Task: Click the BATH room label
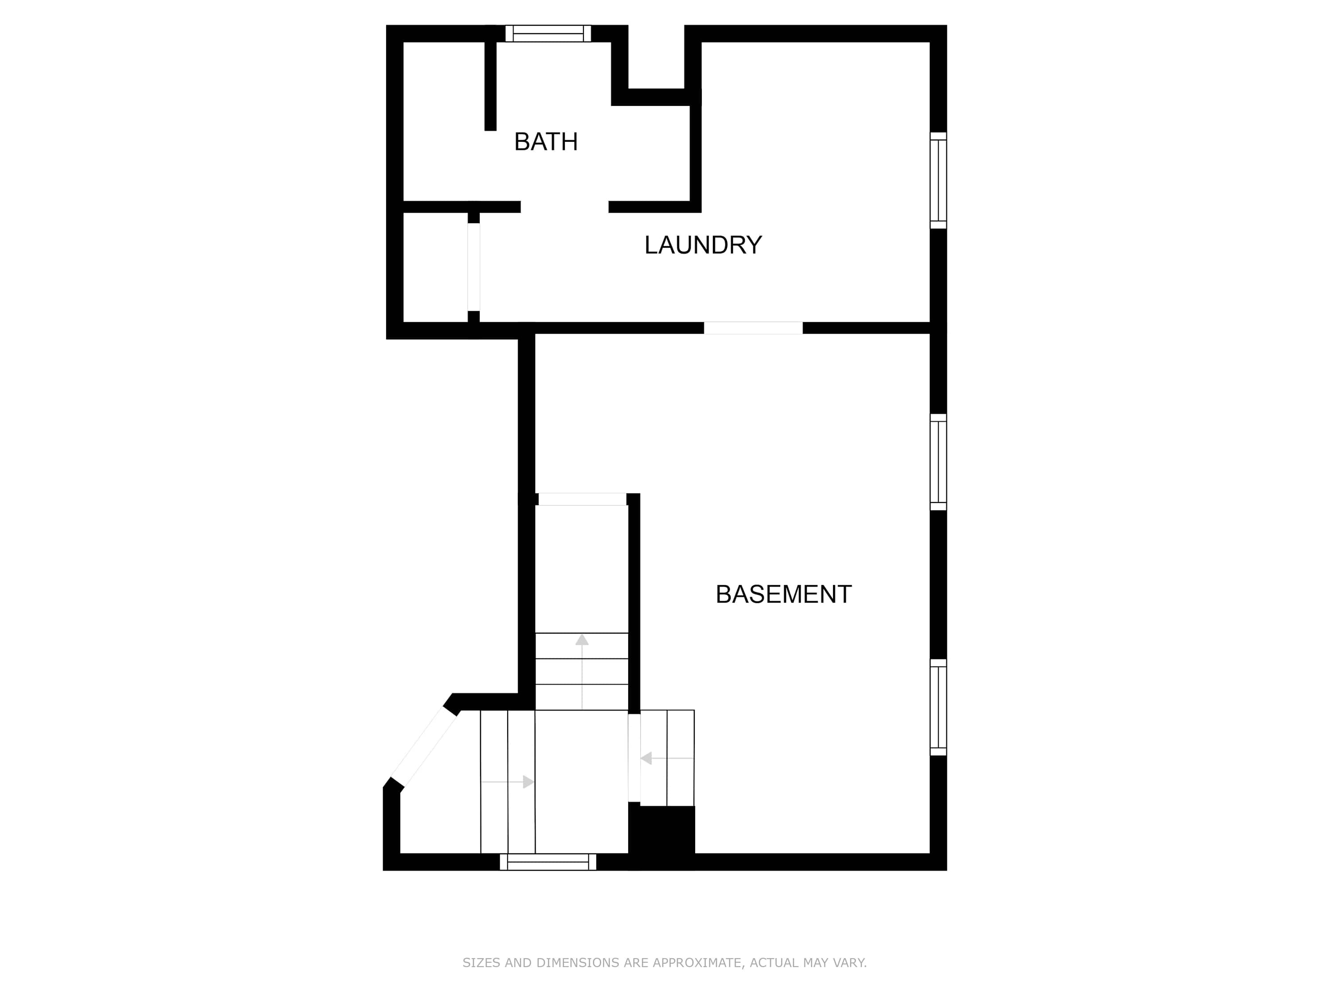(x=546, y=142)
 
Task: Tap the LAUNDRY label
(x=703, y=245)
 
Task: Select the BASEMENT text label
(x=783, y=594)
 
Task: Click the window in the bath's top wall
(x=548, y=34)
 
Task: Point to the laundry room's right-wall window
(x=938, y=180)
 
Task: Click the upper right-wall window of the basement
(x=938, y=462)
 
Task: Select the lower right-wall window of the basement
(x=938, y=707)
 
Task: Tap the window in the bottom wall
(x=548, y=862)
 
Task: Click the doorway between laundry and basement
(x=753, y=328)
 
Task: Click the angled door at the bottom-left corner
(x=424, y=747)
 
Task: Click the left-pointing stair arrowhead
(x=646, y=759)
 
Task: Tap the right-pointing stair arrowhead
(x=528, y=782)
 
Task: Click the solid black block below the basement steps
(x=661, y=832)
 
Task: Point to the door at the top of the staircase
(x=582, y=499)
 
